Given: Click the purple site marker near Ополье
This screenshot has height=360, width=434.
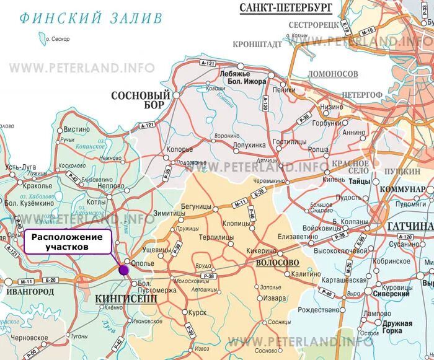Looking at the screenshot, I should tap(123, 270).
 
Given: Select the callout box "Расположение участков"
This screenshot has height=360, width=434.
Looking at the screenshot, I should tap(68, 242).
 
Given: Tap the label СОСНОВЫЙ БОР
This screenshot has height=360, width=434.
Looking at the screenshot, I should tap(141, 100).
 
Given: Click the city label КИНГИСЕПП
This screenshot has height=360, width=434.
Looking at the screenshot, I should tap(126, 299).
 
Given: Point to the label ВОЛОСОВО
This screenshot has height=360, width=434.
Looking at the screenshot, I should tap(278, 263).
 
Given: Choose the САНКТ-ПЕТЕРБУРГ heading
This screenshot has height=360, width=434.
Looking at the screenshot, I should tap(286, 7).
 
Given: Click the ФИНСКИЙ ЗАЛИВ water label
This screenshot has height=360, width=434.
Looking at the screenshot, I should tap(91, 17).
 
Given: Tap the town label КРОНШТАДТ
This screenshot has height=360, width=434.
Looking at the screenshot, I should tap(258, 45).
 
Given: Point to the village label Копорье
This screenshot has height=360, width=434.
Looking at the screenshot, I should tap(180, 149).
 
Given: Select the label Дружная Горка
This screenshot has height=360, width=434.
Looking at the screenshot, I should tap(397, 328).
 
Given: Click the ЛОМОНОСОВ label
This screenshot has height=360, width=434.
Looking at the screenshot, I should tap(333, 74).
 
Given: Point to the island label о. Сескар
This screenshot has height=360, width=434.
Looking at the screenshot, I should tap(58, 39).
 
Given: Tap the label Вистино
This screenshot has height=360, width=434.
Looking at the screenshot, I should tap(77, 130).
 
